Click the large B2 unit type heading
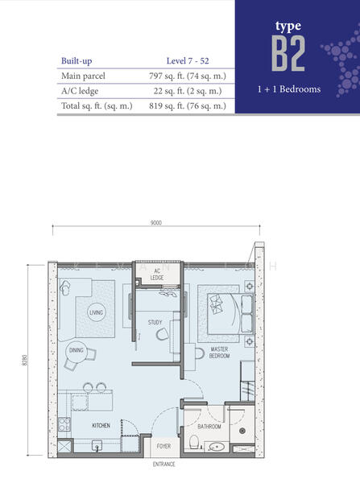click(288, 53)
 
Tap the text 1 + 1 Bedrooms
click(289, 89)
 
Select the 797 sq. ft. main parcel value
click(188, 76)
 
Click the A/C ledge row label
click(80, 91)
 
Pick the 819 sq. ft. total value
click(188, 106)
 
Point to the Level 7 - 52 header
click(188, 60)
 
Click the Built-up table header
click(77, 60)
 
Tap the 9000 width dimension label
click(156, 223)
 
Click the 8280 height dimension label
click(25, 360)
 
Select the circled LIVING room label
click(96, 312)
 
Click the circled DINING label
click(77, 350)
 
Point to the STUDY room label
click(155, 322)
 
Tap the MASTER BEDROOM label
click(219, 353)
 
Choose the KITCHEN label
click(101, 425)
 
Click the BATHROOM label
click(209, 427)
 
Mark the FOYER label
click(163, 446)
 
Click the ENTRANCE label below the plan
click(164, 464)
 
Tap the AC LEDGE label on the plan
click(157, 275)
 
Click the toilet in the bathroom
click(194, 442)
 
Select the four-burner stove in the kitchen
click(64, 424)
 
